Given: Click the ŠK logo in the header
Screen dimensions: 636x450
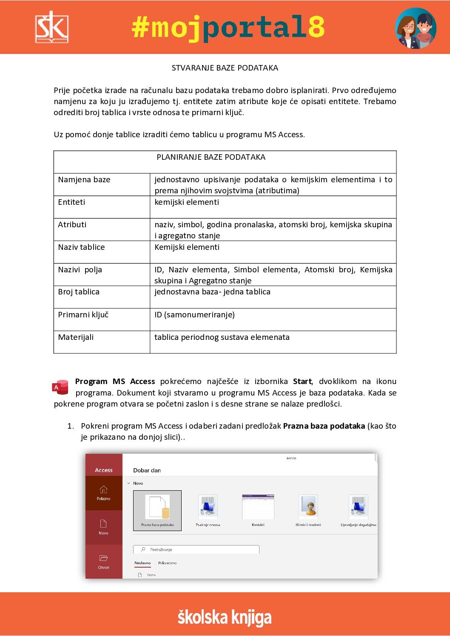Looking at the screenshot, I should tap(52, 27).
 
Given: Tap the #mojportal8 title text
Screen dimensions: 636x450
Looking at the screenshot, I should tap(228, 27).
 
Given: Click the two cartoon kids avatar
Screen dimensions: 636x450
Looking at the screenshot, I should tap(416, 28).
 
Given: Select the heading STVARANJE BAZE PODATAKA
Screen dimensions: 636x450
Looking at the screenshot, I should tap(225, 68).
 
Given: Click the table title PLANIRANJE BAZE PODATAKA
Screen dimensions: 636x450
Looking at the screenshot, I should tap(211, 157).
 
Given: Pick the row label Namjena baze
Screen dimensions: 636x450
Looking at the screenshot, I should tap(84, 180).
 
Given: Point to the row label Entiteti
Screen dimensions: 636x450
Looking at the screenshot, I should tap(71, 202).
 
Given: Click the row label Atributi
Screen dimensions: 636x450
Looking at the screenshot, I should tap(72, 225).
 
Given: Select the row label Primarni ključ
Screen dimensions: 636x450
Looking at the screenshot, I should tap(83, 315).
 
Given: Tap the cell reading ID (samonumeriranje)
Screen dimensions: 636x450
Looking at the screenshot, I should tap(194, 315).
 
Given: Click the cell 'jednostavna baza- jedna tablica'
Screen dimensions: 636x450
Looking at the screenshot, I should tap(212, 292).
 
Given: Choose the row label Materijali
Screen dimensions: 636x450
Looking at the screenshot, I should tap(76, 337).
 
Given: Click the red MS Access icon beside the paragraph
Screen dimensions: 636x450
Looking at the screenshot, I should tap(61, 387).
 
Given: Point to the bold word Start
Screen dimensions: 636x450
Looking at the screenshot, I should tap(302, 382).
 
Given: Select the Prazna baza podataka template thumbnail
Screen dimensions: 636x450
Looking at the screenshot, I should tap(157, 510).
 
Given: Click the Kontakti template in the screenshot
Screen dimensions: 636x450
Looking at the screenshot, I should tap(258, 510).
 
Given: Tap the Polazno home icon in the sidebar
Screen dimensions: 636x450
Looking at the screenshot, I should tap(103, 490).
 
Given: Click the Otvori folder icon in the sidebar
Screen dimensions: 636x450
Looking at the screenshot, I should tap(103, 558).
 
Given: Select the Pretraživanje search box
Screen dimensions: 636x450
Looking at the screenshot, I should tap(197, 549).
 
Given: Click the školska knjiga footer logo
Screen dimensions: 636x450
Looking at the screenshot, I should tap(225, 617).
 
